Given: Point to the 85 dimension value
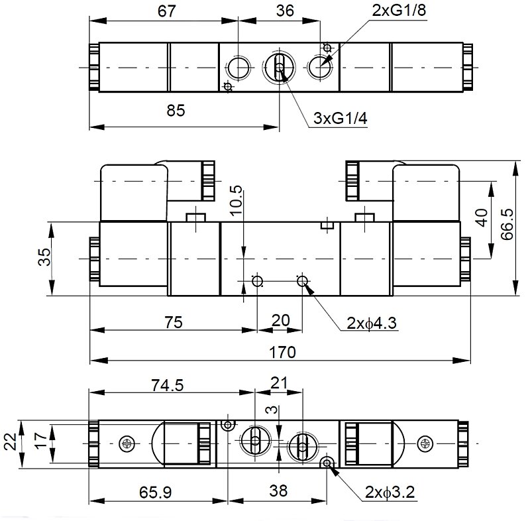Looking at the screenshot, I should tap(175, 111).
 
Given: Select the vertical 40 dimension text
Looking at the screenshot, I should tap(482, 217).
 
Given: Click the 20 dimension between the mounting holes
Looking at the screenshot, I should tap(280, 321).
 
